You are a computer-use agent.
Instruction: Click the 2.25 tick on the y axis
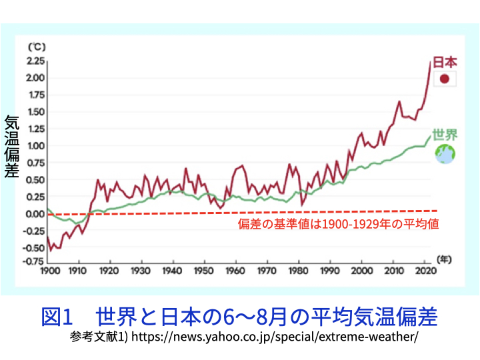[x=35, y=61]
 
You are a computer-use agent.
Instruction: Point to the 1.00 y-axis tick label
[x=35, y=146]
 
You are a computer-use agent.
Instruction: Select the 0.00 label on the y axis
[x=35, y=214]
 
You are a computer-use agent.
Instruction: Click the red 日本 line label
[x=445, y=62]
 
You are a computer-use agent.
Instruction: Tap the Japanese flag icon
[x=445, y=80]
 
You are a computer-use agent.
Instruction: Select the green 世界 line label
[x=445, y=135]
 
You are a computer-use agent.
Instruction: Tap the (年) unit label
[x=443, y=259]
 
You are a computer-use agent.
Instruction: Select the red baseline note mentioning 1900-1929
[x=338, y=225]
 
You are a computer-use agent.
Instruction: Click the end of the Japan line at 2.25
[x=430, y=61]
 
